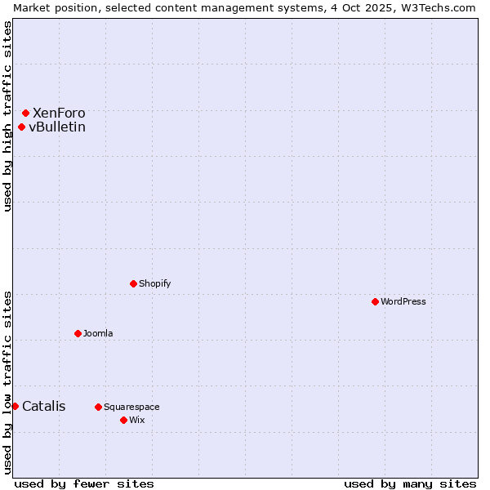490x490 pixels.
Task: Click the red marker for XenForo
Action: [26, 113]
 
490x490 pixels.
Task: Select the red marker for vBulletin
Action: [21, 127]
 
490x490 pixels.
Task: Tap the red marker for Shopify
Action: [133, 283]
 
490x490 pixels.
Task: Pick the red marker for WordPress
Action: [375, 301]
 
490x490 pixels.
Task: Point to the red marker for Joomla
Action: [78, 333]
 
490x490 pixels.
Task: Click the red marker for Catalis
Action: [15, 406]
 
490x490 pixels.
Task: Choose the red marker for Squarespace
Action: [98, 407]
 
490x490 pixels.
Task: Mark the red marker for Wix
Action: [123, 420]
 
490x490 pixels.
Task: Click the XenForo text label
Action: [59, 113]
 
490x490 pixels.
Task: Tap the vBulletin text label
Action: [57, 127]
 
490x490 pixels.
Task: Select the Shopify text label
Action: [155, 283]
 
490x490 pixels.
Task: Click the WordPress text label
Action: [403, 301]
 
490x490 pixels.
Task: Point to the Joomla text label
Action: [98, 333]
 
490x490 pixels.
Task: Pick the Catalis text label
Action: [44, 406]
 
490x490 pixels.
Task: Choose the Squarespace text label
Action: [131, 407]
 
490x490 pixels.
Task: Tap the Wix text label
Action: [137, 420]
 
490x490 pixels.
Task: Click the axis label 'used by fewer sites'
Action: [84, 483]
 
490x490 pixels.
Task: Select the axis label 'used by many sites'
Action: [410, 483]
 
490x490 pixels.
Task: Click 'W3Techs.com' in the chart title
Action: [436, 7]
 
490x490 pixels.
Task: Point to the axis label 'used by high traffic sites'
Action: [7, 116]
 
